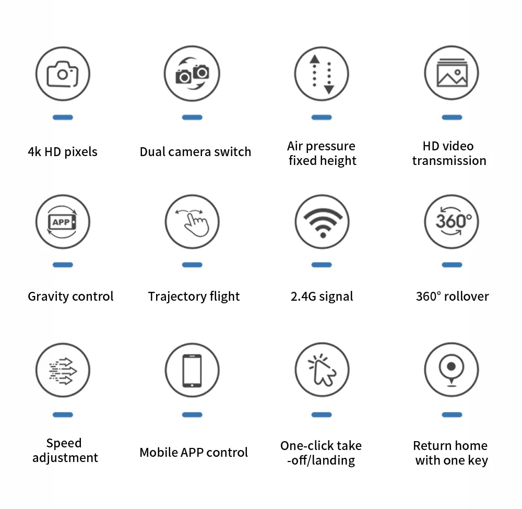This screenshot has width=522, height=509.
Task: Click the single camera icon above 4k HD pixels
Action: tap(63, 74)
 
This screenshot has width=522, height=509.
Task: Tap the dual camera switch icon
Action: tap(192, 74)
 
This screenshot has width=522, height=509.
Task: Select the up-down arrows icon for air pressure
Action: tap(322, 74)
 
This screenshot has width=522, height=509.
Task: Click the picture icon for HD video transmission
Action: tap(452, 74)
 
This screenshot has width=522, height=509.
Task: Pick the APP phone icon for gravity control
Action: tap(63, 222)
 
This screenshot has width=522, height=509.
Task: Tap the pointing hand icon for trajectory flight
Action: tap(192, 222)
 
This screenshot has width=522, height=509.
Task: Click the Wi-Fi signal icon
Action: tap(322, 222)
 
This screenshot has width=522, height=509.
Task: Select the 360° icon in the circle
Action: tap(452, 222)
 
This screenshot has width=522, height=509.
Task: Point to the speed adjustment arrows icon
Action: tap(63, 370)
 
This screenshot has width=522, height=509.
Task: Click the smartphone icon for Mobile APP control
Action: tap(192, 370)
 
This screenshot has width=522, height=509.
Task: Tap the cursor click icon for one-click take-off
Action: tap(322, 370)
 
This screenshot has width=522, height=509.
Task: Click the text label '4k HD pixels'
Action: tap(63, 152)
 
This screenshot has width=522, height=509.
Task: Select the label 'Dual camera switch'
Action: tap(195, 152)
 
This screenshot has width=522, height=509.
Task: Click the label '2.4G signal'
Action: tap(322, 297)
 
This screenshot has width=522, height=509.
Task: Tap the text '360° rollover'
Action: tap(452, 297)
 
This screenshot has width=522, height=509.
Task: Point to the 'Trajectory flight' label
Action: tap(194, 297)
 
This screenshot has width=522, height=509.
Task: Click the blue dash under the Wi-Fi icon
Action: tap(322, 265)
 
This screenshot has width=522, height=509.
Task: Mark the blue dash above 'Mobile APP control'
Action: tap(192, 415)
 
